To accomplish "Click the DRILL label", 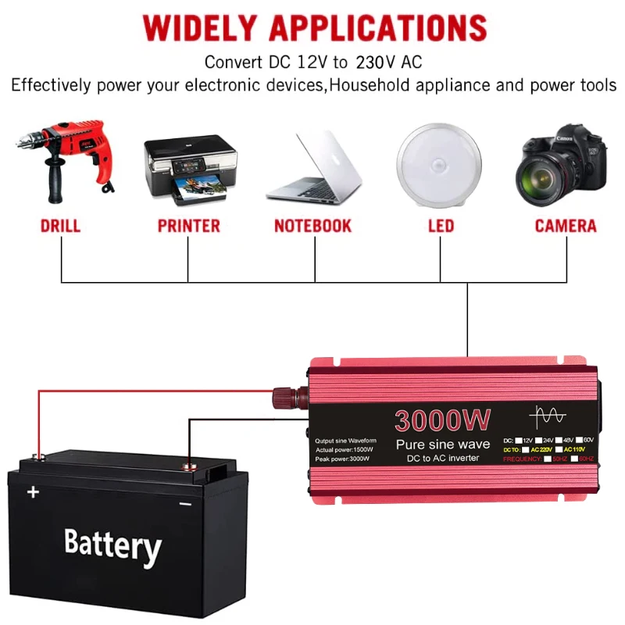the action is point(61,227).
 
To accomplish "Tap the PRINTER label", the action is point(189,227).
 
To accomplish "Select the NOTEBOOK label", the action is point(313,227).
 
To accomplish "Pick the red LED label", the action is point(441,227).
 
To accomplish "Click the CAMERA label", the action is point(566,227).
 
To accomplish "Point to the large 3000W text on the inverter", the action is point(442,420).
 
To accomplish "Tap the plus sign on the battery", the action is point(33,492).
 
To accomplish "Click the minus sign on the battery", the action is point(185,504).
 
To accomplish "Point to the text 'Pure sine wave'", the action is point(442,445).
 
